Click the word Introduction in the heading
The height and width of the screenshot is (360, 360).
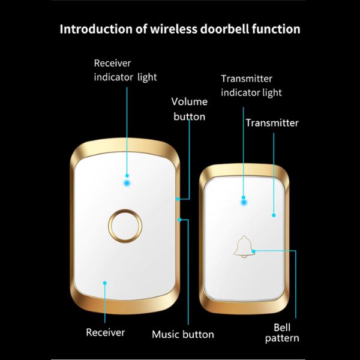(x=96, y=29)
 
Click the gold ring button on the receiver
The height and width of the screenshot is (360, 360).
(x=125, y=226)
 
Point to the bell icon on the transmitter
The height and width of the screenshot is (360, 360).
(x=244, y=247)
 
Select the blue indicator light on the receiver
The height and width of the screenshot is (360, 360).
(x=127, y=183)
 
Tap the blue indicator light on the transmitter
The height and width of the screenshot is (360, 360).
(x=244, y=203)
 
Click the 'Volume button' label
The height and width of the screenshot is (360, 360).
(x=190, y=109)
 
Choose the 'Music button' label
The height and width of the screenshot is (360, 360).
(x=183, y=334)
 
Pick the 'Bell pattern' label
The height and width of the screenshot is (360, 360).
(x=282, y=332)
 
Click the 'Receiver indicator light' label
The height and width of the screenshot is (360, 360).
(x=125, y=70)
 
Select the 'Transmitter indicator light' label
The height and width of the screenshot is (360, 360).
(x=251, y=86)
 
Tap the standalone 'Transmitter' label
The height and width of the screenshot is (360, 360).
(x=272, y=123)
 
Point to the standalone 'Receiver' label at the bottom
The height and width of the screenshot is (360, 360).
(x=106, y=332)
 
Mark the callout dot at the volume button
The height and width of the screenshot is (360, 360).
(x=178, y=199)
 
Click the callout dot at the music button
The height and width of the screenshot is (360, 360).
(x=179, y=220)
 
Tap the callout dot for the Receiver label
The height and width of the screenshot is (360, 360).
(x=104, y=283)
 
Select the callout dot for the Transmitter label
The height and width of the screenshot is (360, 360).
(x=274, y=215)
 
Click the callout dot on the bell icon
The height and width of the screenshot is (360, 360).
(x=253, y=251)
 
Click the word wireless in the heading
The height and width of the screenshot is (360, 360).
(x=174, y=29)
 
